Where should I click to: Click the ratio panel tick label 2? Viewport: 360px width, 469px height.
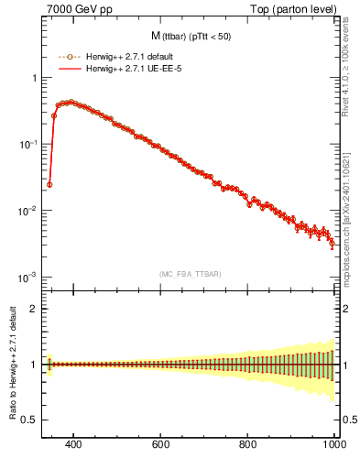click(34, 309)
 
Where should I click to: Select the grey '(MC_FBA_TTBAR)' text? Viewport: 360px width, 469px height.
click(190, 274)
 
